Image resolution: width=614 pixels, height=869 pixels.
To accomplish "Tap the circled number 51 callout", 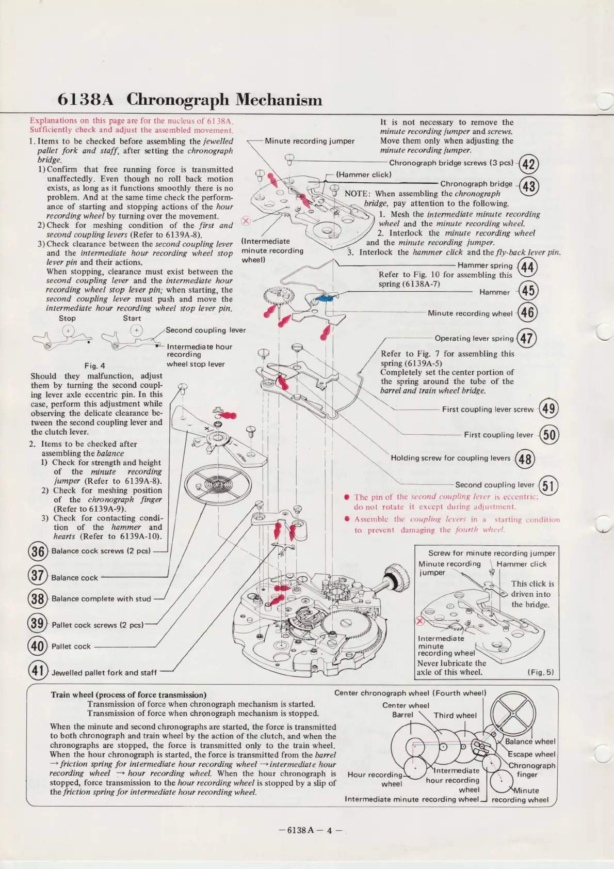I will [548, 485].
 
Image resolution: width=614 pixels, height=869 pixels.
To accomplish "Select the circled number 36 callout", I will [38, 551].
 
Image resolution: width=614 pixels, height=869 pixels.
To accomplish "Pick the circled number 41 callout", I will [37, 671].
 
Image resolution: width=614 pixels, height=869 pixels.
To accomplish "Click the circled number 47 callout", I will [526, 339].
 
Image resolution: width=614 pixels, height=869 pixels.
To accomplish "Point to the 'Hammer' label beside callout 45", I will [494, 292].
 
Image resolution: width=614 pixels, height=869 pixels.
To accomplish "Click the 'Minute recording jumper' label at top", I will [310, 141].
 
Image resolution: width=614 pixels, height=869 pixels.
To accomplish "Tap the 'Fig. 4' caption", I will [94, 366].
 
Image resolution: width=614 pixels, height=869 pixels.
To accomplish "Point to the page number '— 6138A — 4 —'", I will [310, 830].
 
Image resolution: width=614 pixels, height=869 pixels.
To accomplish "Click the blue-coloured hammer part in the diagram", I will [322, 298].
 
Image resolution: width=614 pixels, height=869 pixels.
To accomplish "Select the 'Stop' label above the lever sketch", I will [67, 319].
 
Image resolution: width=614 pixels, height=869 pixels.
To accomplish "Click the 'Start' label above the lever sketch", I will [132, 319].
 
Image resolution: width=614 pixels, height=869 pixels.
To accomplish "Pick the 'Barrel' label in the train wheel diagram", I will [402, 715].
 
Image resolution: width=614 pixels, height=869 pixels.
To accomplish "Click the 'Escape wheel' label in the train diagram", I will [531, 754].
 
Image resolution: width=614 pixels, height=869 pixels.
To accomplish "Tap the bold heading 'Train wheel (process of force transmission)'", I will [128, 695].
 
